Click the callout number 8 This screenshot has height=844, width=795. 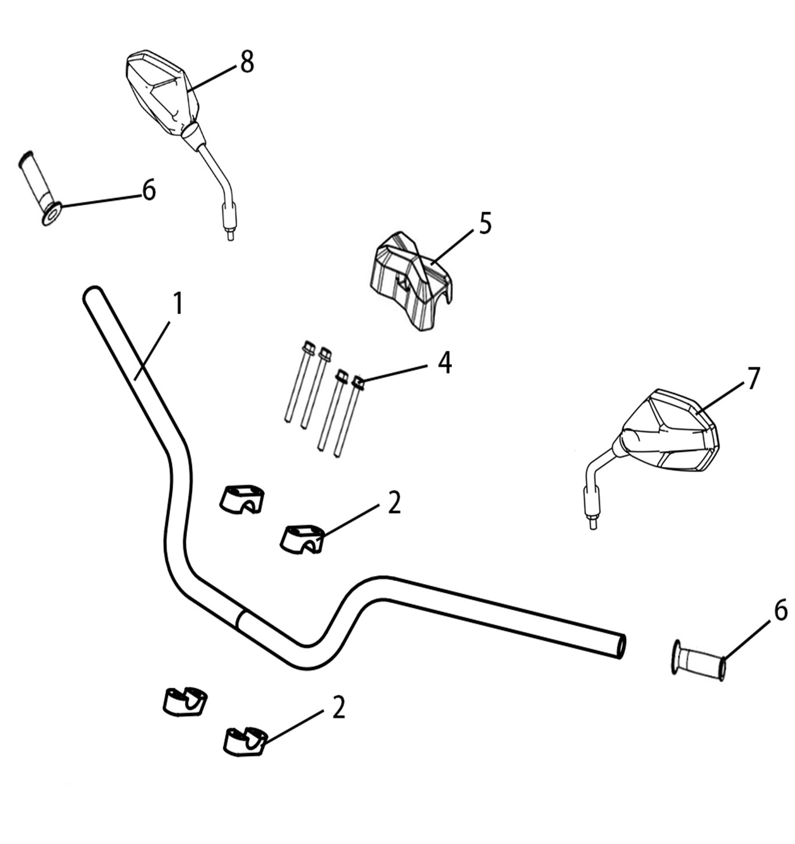(247, 62)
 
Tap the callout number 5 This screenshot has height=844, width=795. (485, 223)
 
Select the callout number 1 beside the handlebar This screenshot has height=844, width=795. (178, 304)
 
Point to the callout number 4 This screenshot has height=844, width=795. (444, 363)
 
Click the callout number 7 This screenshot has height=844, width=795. (753, 379)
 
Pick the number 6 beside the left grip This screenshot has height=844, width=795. (149, 189)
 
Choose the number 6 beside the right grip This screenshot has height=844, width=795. (780, 611)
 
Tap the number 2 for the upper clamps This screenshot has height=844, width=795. (394, 504)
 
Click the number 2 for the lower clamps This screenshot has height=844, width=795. (338, 708)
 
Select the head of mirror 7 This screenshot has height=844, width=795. (670, 430)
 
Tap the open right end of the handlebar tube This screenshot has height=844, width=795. (620, 647)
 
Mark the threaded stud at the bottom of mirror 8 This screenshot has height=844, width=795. (230, 234)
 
